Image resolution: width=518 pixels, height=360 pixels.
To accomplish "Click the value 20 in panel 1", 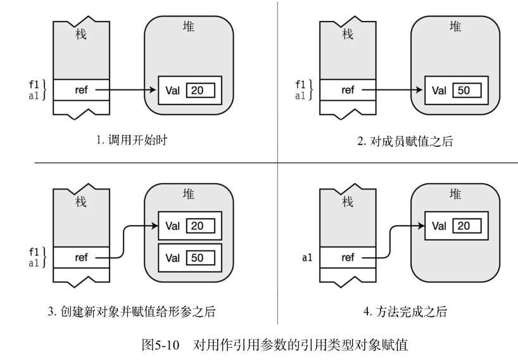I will tap(197, 90).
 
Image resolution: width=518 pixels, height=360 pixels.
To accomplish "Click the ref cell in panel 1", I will tap(82, 90).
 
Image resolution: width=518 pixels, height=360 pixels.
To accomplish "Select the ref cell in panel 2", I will tap(348, 90).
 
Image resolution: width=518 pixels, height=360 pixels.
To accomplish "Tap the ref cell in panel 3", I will tap(82, 257).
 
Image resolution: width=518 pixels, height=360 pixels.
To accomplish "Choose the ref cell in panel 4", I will tap(348, 257).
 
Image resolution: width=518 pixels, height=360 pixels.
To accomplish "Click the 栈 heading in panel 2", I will tap(348, 35).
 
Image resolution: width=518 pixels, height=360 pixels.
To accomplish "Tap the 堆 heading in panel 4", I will tap(454, 194).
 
